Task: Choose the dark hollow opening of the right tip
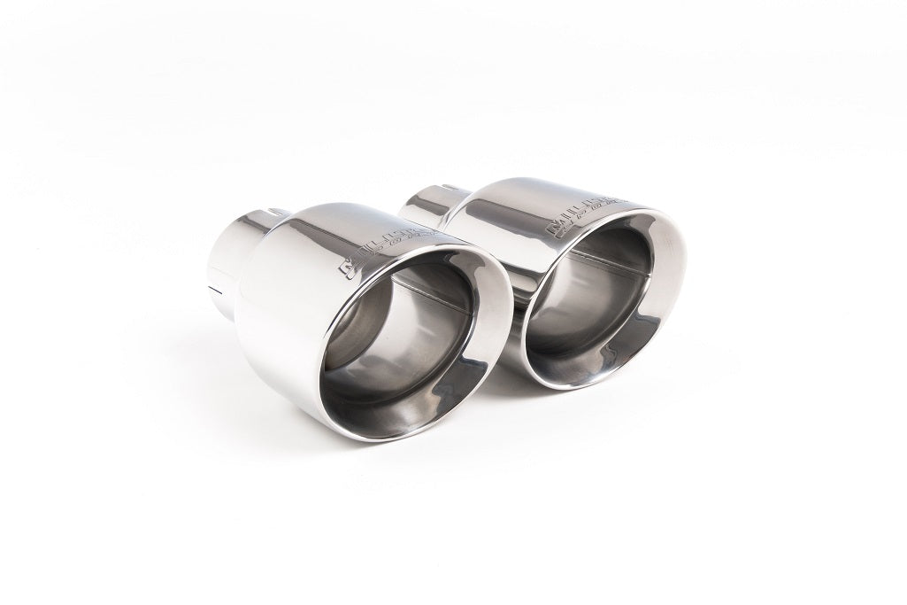coord(593,301)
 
